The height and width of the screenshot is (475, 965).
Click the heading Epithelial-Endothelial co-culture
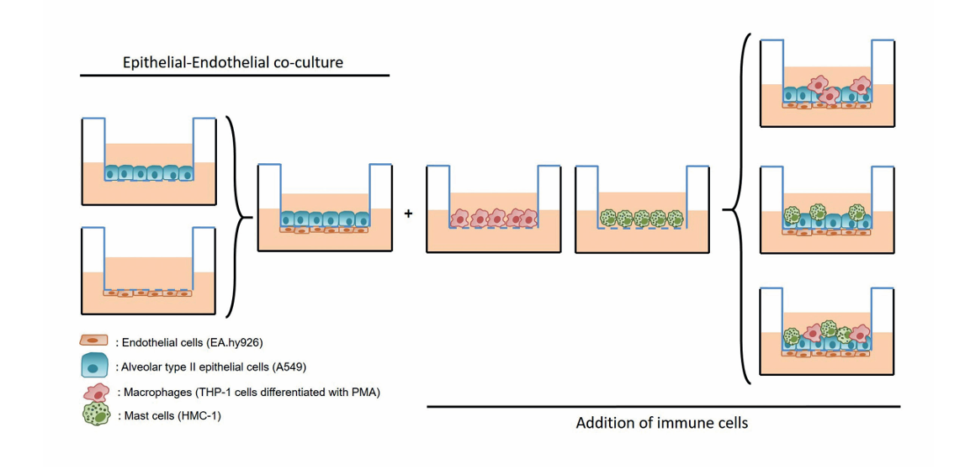click(x=235, y=62)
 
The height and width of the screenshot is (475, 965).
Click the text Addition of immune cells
click(x=662, y=424)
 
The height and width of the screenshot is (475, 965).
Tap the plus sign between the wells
click(x=408, y=214)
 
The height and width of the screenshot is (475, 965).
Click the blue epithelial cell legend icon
click(x=94, y=366)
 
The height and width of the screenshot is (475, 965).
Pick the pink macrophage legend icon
click(x=95, y=391)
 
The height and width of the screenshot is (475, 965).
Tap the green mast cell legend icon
click(x=96, y=414)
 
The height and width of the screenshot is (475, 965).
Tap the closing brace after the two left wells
click(x=238, y=217)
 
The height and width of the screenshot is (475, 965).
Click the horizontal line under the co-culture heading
click(x=235, y=76)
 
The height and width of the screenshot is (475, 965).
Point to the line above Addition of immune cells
click(x=664, y=407)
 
